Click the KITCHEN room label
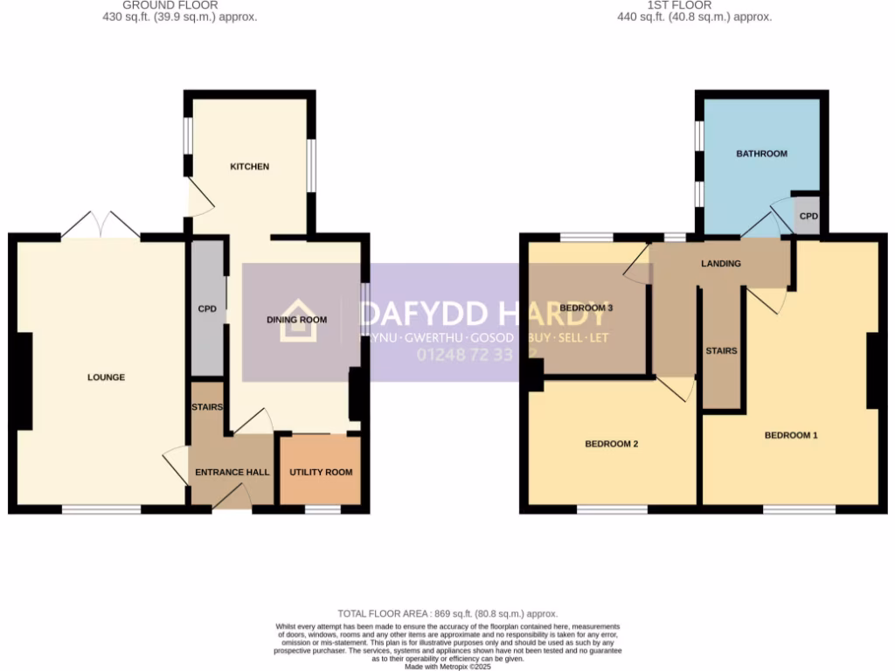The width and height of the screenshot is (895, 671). click(x=250, y=167)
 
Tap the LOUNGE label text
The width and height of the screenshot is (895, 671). click(x=106, y=377)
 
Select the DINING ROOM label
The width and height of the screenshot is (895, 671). click(x=296, y=320)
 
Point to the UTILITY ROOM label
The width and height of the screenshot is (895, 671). click(x=321, y=473)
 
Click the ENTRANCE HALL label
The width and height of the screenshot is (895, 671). click(x=232, y=473)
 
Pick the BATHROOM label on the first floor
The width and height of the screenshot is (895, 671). click(x=761, y=154)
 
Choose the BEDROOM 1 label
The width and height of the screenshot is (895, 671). click(x=791, y=435)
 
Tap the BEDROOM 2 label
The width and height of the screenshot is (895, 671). click(x=611, y=444)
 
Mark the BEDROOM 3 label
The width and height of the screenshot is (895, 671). click(x=586, y=308)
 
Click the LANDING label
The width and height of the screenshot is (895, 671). click(x=721, y=264)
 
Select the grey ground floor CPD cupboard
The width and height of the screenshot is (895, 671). click(x=207, y=308)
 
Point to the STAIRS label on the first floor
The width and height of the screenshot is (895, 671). click(x=721, y=351)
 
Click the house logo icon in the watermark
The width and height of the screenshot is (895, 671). click(x=298, y=321)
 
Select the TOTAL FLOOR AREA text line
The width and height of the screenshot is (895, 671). click(x=447, y=614)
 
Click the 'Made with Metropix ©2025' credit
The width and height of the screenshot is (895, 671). click(x=447, y=667)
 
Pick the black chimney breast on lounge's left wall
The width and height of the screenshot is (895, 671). click(x=23, y=381)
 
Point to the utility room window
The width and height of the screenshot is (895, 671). click(x=323, y=508)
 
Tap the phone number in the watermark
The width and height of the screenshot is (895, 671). click(x=476, y=355)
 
